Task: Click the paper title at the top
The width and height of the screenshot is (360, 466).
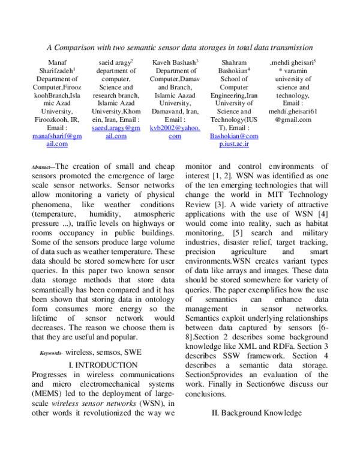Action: pyautogui.click(x=180, y=46)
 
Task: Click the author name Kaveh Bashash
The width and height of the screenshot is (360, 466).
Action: pyautogui.click(x=175, y=62)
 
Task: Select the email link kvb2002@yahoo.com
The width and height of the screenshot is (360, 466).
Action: pyautogui.click(x=175, y=132)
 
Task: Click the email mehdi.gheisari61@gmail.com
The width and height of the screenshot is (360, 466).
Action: pyautogui.click(x=293, y=115)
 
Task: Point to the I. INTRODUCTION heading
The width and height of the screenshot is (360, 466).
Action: pyautogui.click(x=104, y=365)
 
